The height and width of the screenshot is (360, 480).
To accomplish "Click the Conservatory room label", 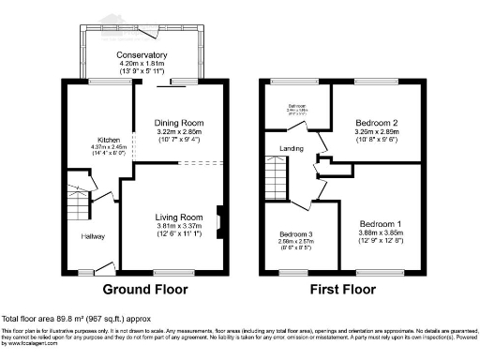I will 143,55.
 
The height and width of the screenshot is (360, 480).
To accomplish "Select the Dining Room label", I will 178,122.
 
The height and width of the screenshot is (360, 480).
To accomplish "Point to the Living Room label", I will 178,217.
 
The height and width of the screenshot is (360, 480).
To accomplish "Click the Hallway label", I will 92,235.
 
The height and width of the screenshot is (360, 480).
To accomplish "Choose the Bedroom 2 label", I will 379,123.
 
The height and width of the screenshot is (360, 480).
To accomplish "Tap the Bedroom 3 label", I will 296,234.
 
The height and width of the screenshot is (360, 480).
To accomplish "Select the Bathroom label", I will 297,106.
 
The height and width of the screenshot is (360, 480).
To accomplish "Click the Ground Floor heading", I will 144,290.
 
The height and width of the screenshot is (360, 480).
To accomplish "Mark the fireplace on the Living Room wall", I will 218,217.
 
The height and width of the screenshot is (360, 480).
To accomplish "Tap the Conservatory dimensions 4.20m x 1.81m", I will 143,63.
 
